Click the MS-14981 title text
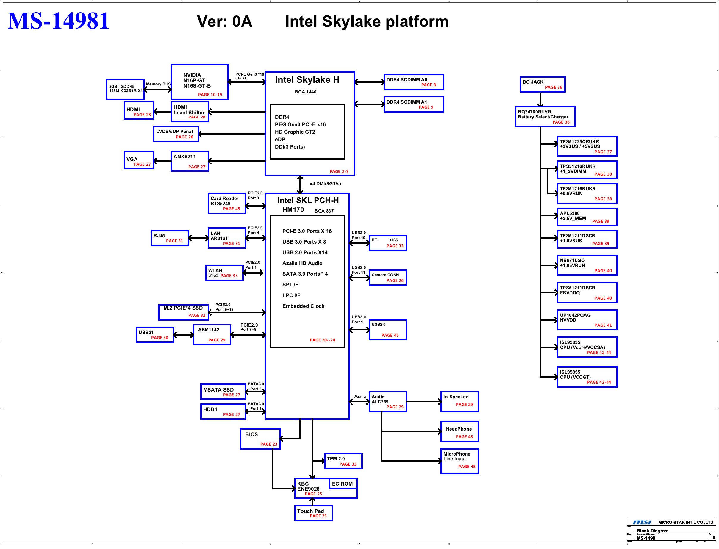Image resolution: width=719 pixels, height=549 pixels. tap(58, 21)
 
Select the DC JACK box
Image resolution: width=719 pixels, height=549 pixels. tap(542, 84)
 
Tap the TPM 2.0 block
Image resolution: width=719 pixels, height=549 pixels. tap(343, 461)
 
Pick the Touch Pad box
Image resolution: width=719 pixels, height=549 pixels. tap(313, 513)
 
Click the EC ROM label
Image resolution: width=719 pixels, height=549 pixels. tap(342, 484)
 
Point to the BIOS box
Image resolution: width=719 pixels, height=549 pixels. tap(260, 439)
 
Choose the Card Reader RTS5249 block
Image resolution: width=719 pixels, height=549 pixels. tap(227, 203)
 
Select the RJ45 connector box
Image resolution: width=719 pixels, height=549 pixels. tap(170, 238)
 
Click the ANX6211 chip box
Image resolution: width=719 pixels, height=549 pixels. tap(190, 161)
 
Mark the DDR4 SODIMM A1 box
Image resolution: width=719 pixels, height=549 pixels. tap(414, 104)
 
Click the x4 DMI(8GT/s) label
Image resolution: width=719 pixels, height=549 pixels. tap(325, 184)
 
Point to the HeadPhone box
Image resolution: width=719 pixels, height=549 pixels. tap(459, 431)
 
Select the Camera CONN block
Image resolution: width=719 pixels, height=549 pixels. tap(387, 277)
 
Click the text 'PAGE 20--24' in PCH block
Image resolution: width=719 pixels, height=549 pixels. tap(322, 340)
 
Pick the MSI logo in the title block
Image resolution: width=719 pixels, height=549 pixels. tap(642, 522)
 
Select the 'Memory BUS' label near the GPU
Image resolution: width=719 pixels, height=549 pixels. tap(158, 84)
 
